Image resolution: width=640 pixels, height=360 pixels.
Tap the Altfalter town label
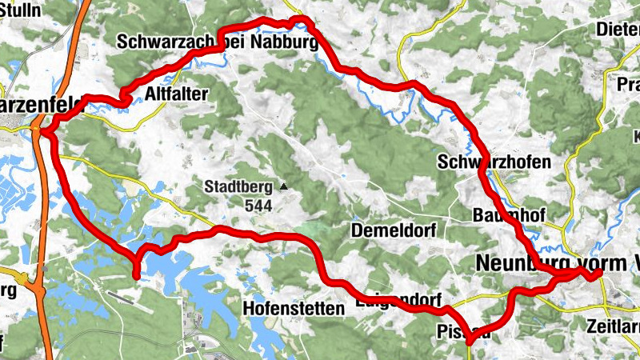click(177, 94)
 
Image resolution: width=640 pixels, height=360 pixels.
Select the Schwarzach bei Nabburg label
click(217, 42)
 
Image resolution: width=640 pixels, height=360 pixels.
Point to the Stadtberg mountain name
click(238, 188)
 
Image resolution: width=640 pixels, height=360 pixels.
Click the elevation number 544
click(259, 206)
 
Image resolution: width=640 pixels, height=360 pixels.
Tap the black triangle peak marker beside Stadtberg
click(284, 187)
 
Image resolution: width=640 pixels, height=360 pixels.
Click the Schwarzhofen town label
click(494, 162)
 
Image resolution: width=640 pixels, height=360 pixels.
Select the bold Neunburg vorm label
click(544, 262)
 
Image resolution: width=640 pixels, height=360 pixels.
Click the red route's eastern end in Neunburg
click(598, 275)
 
